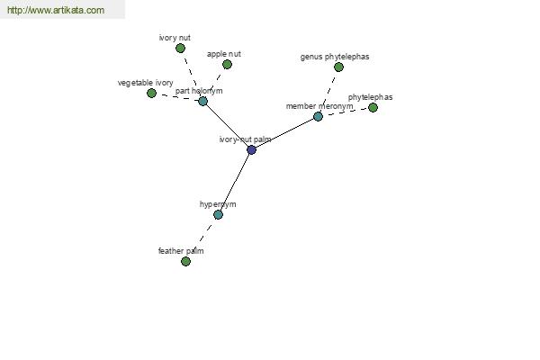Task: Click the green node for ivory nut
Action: (180, 49)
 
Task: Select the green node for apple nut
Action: (227, 65)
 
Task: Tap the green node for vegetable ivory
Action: (151, 93)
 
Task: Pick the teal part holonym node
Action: (202, 101)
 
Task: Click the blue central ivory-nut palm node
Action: (251, 150)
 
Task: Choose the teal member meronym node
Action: (318, 116)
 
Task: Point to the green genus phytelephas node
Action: (339, 67)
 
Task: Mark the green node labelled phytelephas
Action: (373, 107)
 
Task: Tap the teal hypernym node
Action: (218, 214)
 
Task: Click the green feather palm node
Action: (185, 262)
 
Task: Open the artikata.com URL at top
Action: (56, 10)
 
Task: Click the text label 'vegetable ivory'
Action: (145, 83)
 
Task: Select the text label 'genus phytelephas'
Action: (335, 57)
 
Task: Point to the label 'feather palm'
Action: (181, 251)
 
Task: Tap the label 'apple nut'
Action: (224, 54)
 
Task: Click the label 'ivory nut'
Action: (175, 38)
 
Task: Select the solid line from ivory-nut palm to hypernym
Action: (235, 182)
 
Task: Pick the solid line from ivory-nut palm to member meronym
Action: (284, 133)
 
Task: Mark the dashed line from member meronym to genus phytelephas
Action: (328, 92)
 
